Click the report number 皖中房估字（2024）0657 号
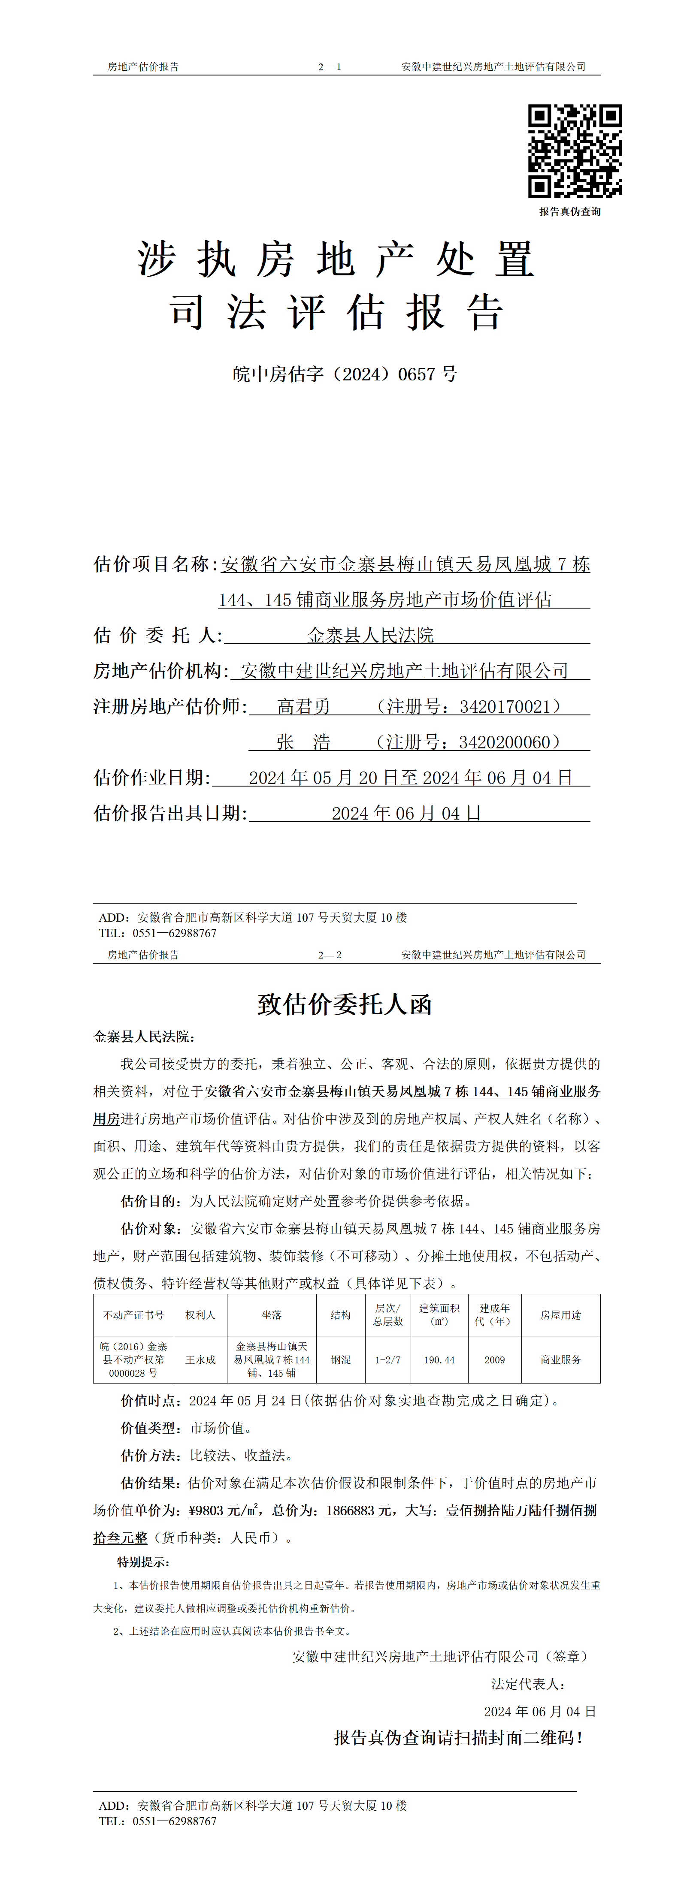[345, 374]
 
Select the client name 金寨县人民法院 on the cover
[370, 635]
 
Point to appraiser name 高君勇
[303, 706]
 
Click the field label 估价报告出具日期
[170, 813]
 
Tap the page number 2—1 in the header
[329, 66]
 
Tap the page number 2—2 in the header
[329, 955]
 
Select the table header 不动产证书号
[133, 1315]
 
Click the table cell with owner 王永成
[200, 1359]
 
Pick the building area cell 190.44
[439, 1359]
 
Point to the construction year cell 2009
[495, 1359]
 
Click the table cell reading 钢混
[340, 1359]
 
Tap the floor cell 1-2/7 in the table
[388, 1359]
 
